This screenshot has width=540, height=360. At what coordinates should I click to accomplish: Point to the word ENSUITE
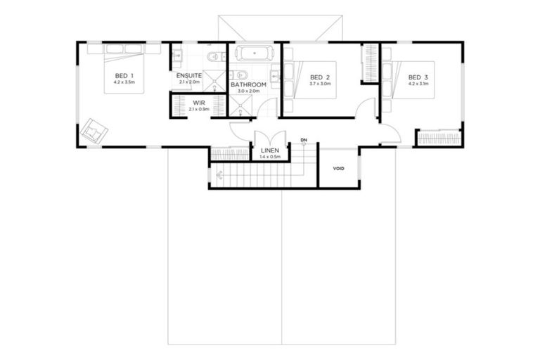(x=189, y=75)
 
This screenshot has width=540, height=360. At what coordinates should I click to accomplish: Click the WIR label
(x=199, y=103)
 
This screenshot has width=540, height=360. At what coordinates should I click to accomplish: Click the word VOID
(x=338, y=169)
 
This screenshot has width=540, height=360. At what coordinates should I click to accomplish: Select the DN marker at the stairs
(x=304, y=140)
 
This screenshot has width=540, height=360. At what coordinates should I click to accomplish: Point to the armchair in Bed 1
(x=93, y=131)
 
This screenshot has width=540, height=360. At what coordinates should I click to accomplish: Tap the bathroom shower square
(x=242, y=105)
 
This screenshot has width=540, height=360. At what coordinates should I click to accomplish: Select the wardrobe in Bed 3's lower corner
(x=439, y=138)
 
